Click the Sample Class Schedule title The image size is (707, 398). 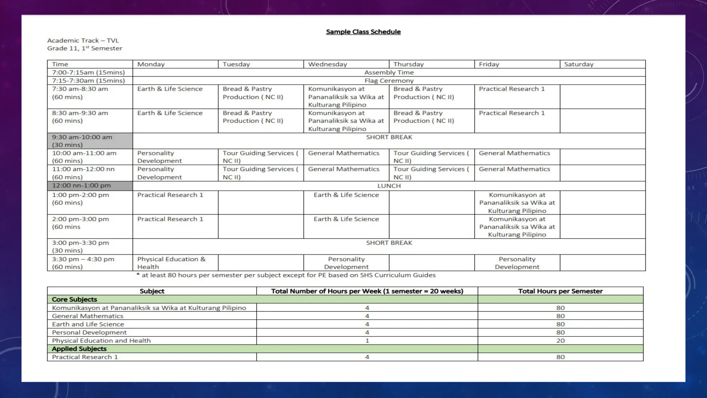click(x=363, y=32)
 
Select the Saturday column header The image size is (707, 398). click(x=579, y=64)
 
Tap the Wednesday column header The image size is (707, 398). click(x=327, y=64)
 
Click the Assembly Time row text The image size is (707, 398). click(x=389, y=73)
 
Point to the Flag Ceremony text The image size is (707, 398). click(x=389, y=80)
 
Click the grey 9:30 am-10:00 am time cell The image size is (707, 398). click(x=90, y=141)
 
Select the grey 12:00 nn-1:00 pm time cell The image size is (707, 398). click(x=90, y=186)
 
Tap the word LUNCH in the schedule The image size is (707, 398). click(x=389, y=186)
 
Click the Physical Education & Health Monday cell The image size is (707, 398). click(x=171, y=263)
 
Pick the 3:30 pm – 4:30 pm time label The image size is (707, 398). click(x=83, y=259)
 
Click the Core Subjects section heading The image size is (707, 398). click(x=74, y=300)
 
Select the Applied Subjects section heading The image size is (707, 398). click(x=79, y=349)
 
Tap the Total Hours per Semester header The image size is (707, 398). click(x=560, y=291)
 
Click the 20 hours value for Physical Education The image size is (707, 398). click(x=560, y=341)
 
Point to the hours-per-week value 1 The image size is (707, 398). click(x=367, y=341)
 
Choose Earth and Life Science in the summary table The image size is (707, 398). click(x=88, y=324)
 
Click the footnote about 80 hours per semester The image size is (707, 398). click(x=286, y=275)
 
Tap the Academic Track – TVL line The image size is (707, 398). click(x=83, y=41)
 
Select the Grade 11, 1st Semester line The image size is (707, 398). click(x=85, y=48)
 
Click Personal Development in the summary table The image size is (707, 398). click(x=89, y=332)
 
